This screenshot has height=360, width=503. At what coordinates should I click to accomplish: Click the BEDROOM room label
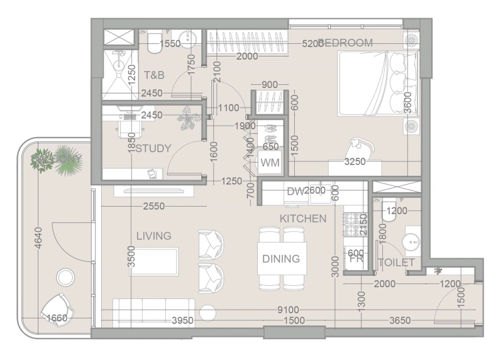[348, 43]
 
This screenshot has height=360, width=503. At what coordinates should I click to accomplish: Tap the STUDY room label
[153, 149]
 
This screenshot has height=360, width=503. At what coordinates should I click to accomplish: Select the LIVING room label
[154, 236]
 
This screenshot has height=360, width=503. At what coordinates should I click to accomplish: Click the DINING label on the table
[281, 258]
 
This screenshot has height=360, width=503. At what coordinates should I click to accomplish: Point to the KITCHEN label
[303, 219]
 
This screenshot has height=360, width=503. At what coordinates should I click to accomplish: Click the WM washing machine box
[270, 163]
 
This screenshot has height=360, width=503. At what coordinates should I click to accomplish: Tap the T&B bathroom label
[154, 75]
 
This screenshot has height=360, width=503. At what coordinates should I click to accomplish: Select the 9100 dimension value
[289, 310]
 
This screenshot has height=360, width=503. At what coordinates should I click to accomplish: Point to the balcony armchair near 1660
[57, 307]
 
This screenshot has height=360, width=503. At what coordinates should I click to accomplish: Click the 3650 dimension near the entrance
[400, 321]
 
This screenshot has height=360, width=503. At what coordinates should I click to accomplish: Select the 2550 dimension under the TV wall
[154, 206]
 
